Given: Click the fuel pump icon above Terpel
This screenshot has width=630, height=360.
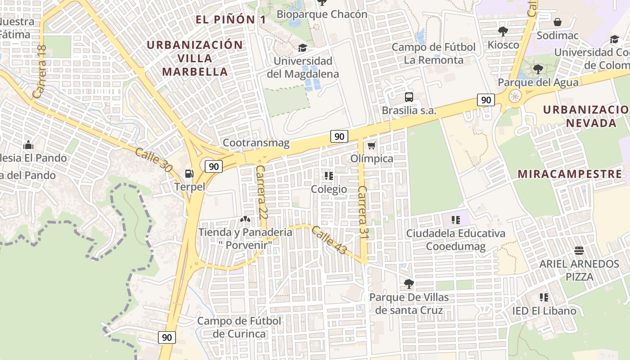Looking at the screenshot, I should tap(189, 173).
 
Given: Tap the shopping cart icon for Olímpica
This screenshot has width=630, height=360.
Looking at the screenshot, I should tap(371, 145).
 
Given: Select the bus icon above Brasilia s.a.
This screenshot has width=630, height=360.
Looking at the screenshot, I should tap(409, 97).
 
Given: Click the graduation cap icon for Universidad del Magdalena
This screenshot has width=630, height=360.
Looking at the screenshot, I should tap(302, 48).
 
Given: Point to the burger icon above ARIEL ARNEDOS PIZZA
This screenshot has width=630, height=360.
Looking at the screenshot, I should tap(579, 251).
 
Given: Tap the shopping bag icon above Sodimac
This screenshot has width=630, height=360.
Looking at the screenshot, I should tap(557, 22).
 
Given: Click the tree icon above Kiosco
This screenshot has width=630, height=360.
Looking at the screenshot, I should tap(503, 31).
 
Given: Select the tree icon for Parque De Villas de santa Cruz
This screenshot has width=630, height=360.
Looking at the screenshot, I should tap(409, 284).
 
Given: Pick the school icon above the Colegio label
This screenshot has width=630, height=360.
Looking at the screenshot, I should tap(329, 175).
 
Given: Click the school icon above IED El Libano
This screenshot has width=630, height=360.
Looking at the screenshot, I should tap(544, 297).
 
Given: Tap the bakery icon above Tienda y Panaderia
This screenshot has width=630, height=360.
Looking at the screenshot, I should tap(245, 220).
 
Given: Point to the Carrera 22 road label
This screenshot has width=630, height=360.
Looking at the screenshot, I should tap(261, 191).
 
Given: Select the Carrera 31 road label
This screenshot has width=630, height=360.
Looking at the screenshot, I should tap(363, 210).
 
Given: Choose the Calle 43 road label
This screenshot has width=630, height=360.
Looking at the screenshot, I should tap(329, 239).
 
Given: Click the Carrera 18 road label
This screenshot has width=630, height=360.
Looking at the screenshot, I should tap(40, 72).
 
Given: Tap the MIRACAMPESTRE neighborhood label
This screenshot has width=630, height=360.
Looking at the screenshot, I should tap(570, 174).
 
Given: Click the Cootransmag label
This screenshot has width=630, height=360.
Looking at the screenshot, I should tap(256, 143).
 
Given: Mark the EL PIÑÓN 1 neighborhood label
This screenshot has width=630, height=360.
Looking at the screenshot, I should tap(230, 19).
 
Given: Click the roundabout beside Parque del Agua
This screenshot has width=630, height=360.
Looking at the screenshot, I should tap(514, 96).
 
